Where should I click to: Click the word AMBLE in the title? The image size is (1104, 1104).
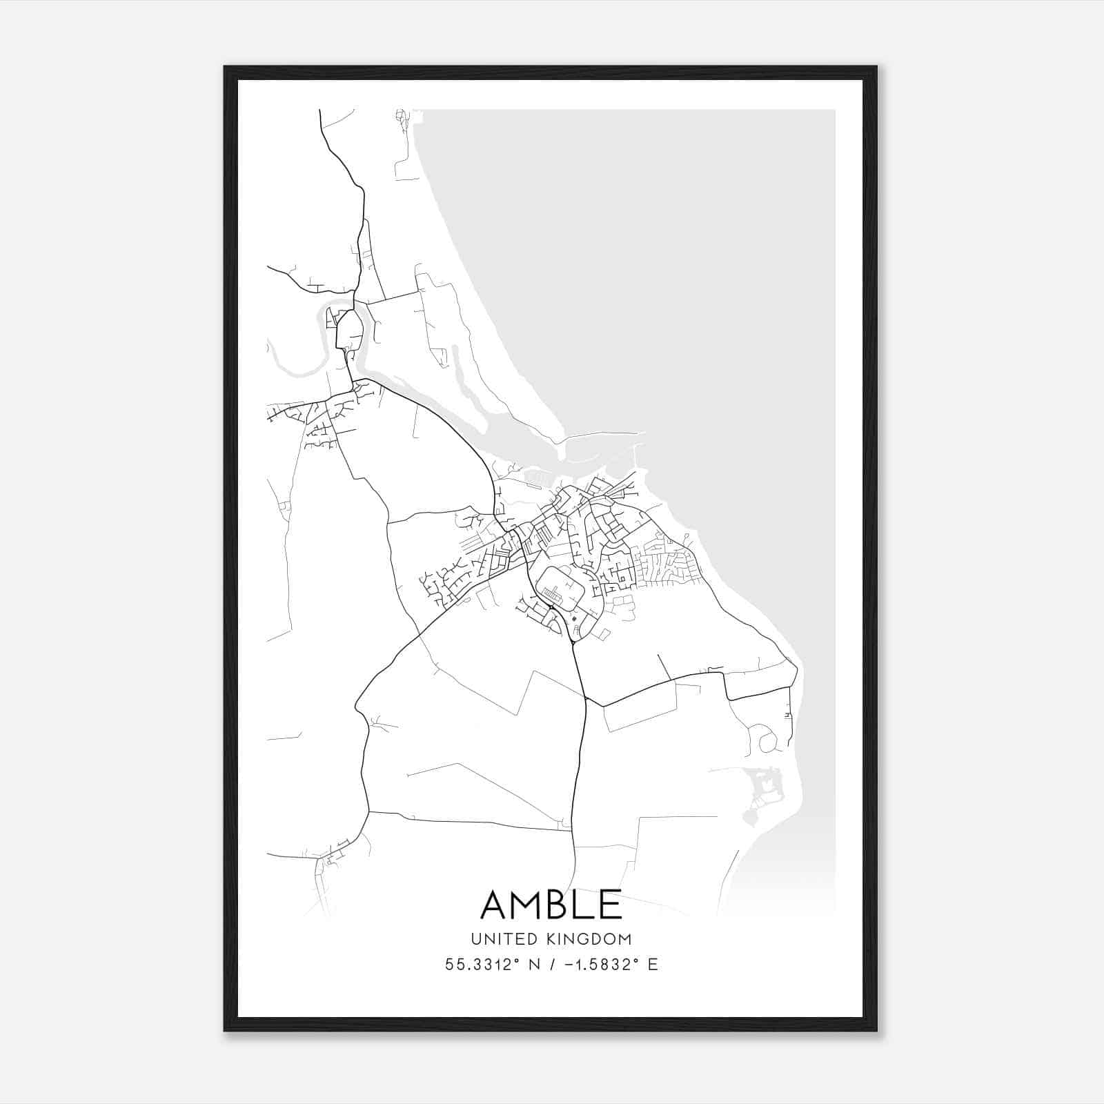[x=551, y=905]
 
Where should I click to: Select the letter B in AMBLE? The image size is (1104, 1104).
[x=562, y=905]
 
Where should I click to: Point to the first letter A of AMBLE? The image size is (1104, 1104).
[x=495, y=905]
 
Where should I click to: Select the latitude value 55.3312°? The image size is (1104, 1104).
[x=481, y=965]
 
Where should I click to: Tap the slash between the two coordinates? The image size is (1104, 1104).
[x=551, y=965]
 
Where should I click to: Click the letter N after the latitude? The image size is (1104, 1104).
[x=533, y=965]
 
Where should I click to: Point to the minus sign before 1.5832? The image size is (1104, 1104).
[x=568, y=965]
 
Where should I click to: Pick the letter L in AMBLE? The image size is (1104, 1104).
[x=589, y=905]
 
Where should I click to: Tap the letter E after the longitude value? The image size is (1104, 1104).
[x=653, y=965]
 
